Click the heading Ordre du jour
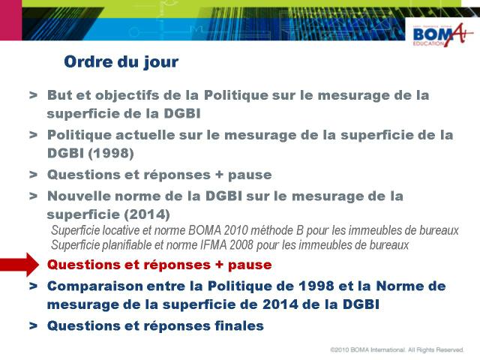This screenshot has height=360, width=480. point(121,62)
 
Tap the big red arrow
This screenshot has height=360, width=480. point(19,265)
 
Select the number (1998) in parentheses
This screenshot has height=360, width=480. point(111,153)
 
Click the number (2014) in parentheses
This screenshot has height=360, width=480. point(147,214)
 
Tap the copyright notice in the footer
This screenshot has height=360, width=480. point(397,349)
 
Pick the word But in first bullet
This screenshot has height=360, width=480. point(60,95)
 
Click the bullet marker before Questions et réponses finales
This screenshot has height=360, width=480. point(33,325)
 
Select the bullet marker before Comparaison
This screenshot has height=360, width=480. point(33,286)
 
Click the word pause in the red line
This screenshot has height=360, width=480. point(250,265)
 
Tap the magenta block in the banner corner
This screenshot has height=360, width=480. point(10,20)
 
